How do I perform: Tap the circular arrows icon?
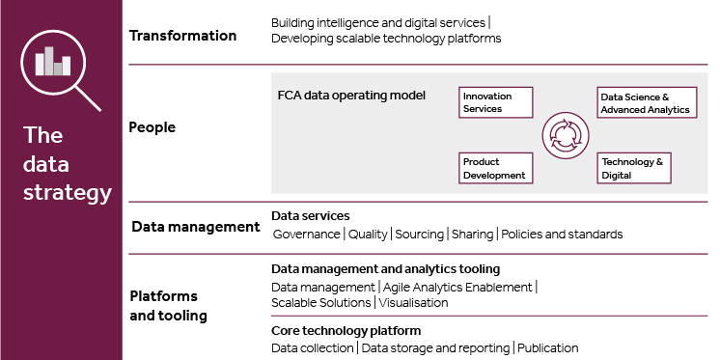(x=566, y=135)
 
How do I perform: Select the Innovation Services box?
(x=496, y=102)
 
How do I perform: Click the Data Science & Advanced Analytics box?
(x=647, y=102)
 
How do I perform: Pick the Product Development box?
(x=496, y=168)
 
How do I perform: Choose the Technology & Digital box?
(x=634, y=168)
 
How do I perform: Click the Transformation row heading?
(x=182, y=36)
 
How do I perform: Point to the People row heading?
(x=152, y=127)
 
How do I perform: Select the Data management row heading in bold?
(x=196, y=227)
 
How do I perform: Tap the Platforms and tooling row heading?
(x=169, y=305)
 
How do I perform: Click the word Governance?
(x=306, y=235)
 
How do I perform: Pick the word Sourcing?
(x=419, y=235)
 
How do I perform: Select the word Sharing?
(x=472, y=235)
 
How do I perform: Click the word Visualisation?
(x=413, y=303)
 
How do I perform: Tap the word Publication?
(x=548, y=348)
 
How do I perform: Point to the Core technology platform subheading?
(x=346, y=331)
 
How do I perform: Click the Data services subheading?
(x=311, y=216)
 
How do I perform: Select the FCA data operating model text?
(x=351, y=96)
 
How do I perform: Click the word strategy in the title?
(x=68, y=193)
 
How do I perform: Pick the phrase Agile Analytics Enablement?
(x=457, y=288)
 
